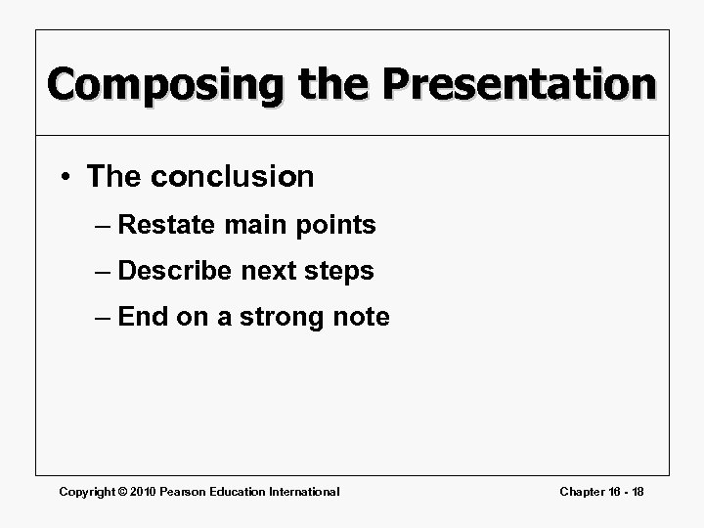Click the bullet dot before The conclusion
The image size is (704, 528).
click(66, 177)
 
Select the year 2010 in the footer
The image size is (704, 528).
click(144, 492)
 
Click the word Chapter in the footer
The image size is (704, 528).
click(583, 492)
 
